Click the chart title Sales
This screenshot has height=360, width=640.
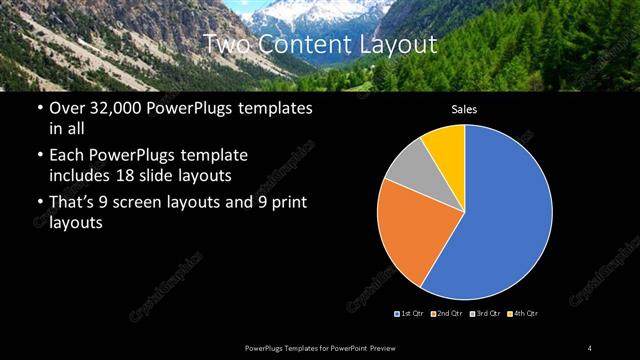click(x=464, y=109)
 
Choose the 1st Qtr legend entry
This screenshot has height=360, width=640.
click(x=410, y=314)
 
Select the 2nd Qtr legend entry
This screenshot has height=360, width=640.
click(x=446, y=314)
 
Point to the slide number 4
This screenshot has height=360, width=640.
click(x=590, y=347)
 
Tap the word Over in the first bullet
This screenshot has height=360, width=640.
click(x=69, y=108)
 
